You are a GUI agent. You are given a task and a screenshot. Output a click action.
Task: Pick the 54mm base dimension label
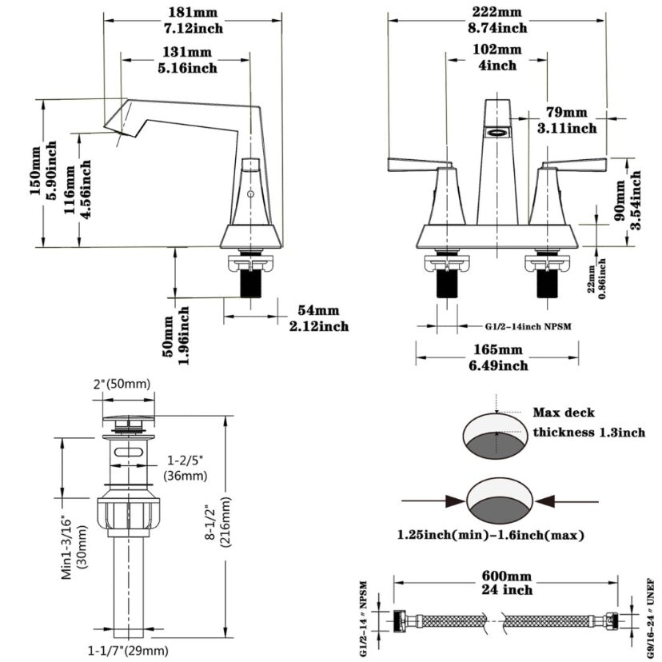click(317, 310)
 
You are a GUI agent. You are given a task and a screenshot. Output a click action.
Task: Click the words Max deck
click(564, 413)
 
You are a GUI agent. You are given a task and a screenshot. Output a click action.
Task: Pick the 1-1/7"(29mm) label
click(130, 651)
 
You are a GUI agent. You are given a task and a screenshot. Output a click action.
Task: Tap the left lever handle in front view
click(416, 165)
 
